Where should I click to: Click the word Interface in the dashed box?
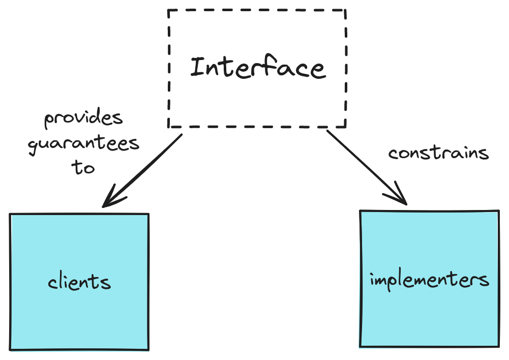[x=257, y=68]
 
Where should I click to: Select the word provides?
[x=83, y=119]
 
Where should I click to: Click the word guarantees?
[x=83, y=144]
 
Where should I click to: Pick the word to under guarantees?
[x=83, y=167]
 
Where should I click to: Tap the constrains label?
[x=438, y=153]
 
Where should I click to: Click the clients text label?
[x=79, y=281]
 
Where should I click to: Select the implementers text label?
[x=429, y=280]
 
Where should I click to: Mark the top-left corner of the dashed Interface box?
[x=169, y=10]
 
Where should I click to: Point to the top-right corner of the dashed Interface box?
[x=346, y=10]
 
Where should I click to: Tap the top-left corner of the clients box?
[x=11, y=215]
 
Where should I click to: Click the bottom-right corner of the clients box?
[x=148, y=349]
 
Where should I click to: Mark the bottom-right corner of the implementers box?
[x=498, y=347]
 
